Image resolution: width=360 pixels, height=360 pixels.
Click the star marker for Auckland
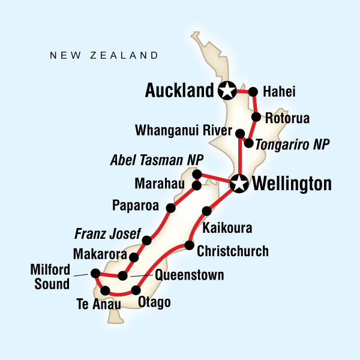(x=227, y=91)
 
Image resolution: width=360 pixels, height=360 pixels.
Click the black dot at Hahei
(x=253, y=92)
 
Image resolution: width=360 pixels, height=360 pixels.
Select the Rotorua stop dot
(x=256, y=117)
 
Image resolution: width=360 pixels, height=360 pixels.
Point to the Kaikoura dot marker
(x=207, y=211)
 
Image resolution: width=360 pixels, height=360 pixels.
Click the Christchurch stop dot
(x=189, y=245)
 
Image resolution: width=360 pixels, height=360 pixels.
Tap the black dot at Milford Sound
(x=95, y=274)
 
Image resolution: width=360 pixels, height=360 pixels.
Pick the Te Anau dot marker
(x=106, y=291)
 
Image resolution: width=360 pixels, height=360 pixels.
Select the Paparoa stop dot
(x=171, y=208)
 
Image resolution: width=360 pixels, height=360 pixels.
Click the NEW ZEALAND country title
(x=104, y=56)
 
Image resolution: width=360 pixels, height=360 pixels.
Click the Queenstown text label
(x=189, y=275)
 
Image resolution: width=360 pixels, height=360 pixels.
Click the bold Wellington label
(x=292, y=184)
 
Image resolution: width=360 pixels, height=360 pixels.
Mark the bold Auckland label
(x=179, y=91)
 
